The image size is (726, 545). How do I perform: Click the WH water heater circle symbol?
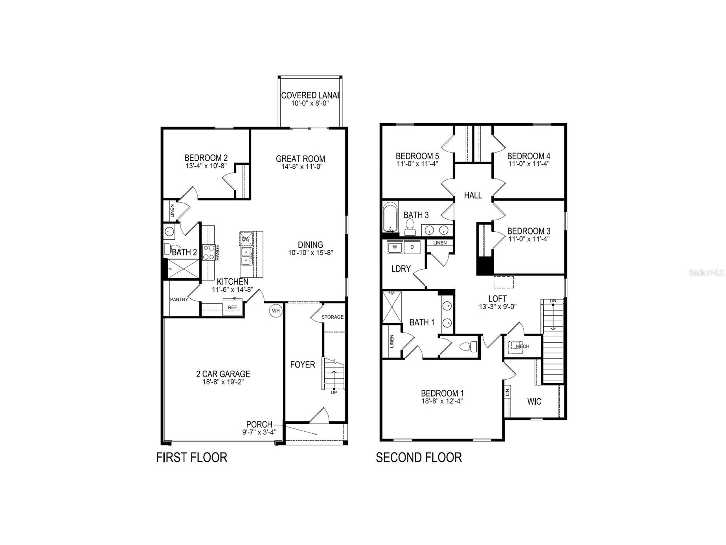point(276,311)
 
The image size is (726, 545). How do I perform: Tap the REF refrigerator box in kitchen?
point(232,307)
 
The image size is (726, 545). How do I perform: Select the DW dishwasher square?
point(246,239)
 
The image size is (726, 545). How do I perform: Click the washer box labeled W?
point(395,247)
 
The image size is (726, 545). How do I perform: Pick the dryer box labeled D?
point(412,247)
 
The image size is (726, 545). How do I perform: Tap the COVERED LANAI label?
point(310,95)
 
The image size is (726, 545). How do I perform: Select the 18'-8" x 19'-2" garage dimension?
point(223,382)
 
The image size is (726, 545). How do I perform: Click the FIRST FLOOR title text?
point(191,457)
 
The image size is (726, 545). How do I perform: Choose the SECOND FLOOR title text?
point(419,457)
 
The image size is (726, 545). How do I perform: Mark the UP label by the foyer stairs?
point(334,392)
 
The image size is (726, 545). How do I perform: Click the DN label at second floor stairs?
point(553,301)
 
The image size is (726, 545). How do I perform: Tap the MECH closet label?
point(522,346)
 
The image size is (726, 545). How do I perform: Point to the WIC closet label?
point(534,401)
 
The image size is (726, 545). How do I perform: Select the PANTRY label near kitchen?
point(179,299)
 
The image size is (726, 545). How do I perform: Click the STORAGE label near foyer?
point(332,317)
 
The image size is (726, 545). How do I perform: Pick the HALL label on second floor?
point(472,195)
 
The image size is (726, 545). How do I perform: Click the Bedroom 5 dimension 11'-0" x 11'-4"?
point(417,164)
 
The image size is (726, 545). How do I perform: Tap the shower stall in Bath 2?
point(184,269)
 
